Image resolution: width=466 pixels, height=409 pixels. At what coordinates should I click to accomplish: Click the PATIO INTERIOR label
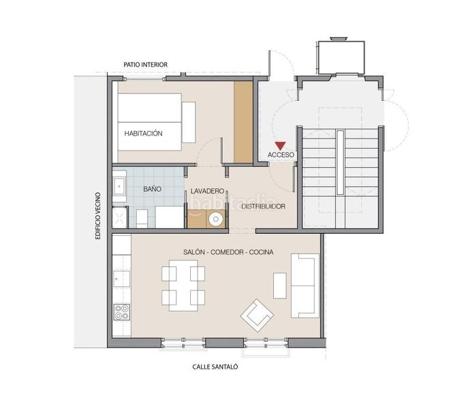tap(145, 65)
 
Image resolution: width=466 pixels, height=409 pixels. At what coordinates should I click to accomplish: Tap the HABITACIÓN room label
tap(143, 134)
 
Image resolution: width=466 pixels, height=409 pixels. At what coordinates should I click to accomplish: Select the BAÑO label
tap(152, 189)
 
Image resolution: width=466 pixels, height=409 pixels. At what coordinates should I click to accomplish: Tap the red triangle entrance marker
tap(279, 145)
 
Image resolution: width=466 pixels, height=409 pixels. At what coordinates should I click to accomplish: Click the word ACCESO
tap(281, 155)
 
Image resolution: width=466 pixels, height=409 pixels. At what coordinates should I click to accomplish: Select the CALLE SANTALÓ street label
tap(215, 366)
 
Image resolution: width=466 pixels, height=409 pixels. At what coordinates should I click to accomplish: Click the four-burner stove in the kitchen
tap(123, 313)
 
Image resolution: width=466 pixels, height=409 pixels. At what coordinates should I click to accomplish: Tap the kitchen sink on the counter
tap(122, 277)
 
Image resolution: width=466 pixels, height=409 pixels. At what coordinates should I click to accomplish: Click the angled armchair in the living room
tap(257, 314)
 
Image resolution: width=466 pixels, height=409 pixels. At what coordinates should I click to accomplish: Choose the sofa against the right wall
tap(304, 286)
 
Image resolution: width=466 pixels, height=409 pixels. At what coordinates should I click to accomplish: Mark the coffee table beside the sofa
tap(279, 286)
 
